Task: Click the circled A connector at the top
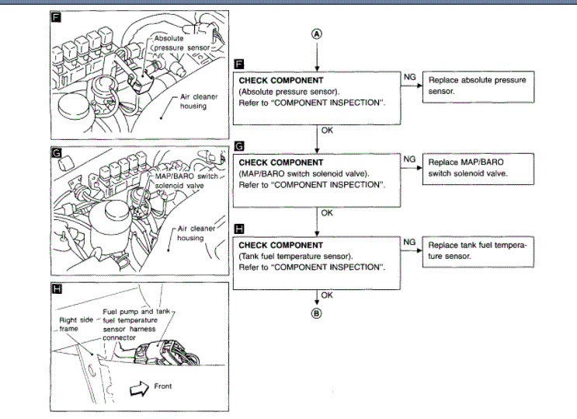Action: (x=317, y=34)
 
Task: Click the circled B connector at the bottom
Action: (x=317, y=314)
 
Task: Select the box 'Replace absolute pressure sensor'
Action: (x=478, y=86)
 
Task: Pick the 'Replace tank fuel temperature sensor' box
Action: (x=478, y=250)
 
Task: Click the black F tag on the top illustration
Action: (x=56, y=17)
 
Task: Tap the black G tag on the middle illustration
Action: (x=56, y=152)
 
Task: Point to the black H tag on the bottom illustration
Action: (x=56, y=290)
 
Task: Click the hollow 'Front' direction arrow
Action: (x=140, y=386)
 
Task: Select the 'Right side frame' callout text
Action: (x=77, y=323)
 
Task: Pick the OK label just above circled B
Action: (x=327, y=295)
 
